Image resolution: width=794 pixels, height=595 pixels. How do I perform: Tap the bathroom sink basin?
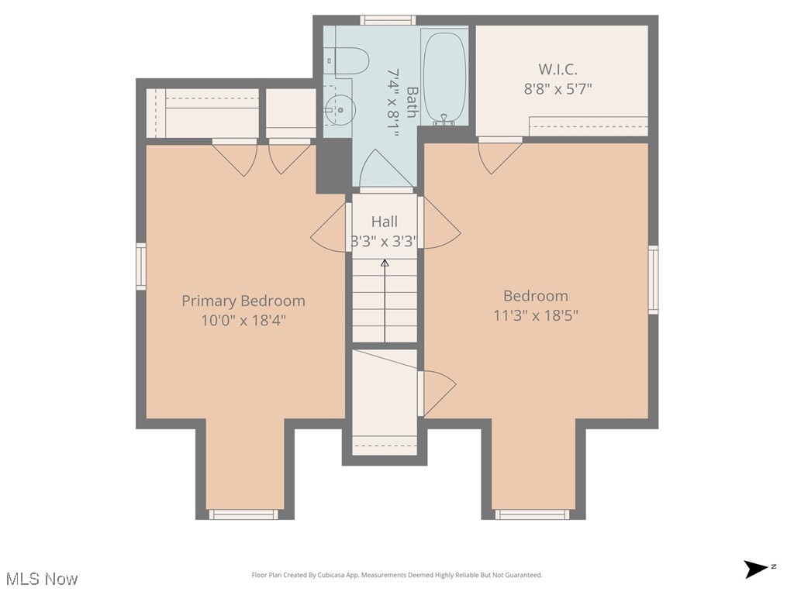pos(338,111)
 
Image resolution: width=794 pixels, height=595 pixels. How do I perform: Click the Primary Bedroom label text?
pos(243,301)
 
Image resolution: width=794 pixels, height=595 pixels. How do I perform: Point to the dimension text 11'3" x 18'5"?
pos(536,315)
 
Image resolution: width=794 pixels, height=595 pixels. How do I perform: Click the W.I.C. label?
pos(558,69)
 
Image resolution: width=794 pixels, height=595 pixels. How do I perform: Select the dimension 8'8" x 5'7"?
pos(558,88)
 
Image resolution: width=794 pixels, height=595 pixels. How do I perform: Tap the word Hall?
pos(384,222)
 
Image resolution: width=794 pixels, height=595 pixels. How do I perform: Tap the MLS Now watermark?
pos(42,579)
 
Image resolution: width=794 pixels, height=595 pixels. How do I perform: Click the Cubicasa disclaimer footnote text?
pos(397,575)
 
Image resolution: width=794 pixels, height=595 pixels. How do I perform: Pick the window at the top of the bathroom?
pos(388,20)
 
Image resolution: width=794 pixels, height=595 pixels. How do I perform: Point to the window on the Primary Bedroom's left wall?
pos(141,267)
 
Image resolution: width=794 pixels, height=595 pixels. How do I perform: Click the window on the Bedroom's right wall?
pos(654,280)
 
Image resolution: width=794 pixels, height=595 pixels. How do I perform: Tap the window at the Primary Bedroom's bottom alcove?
pos(243,514)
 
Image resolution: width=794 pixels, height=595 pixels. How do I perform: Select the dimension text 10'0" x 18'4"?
pos(243,321)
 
